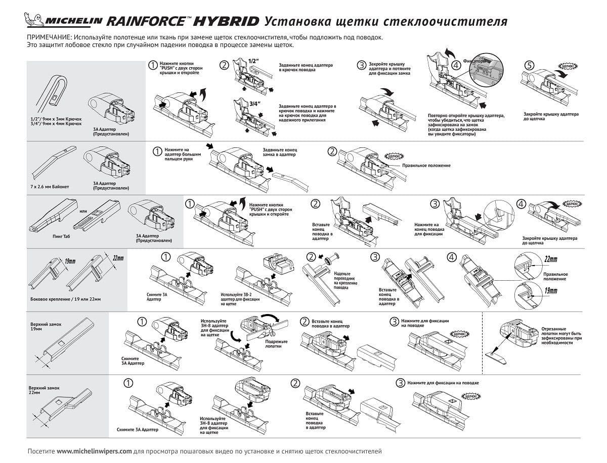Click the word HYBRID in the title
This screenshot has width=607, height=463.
pyautogui.click(x=227, y=22)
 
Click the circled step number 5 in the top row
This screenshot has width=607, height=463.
pyautogui.click(x=529, y=65)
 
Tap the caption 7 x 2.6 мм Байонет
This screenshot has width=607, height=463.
pyautogui.click(x=49, y=186)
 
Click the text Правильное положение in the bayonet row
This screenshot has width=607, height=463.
pyautogui.click(x=426, y=166)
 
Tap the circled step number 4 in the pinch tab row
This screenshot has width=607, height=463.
pyautogui.click(x=522, y=204)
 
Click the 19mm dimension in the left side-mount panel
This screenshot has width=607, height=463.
pyautogui.click(x=70, y=262)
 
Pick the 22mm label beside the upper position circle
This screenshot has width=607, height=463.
pyautogui.click(x=551, y=260)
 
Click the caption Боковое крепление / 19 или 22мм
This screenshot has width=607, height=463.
pyautogui.click(x=66, y=299)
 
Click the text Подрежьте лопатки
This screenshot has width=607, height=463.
pyautogui.click(x=276, y=344)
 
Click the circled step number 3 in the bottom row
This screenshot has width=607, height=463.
pyautogui.click(x=400, y=383)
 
